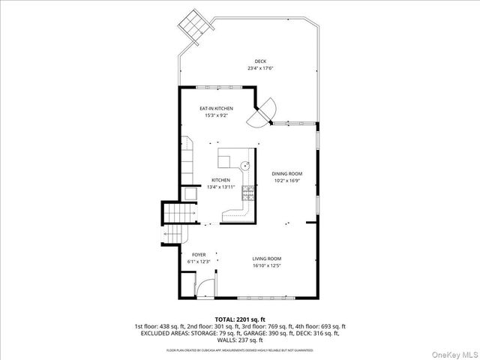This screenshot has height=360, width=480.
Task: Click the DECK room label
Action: tap(259, 61)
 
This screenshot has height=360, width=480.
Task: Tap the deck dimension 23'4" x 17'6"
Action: tap(260, 68)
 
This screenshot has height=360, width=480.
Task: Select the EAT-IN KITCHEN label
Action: tap(215, 109)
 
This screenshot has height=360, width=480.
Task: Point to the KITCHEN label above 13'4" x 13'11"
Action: tap(220, 180)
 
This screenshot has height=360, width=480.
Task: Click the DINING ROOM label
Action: tap(286, 174)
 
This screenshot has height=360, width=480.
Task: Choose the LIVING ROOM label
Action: tap(267, 259)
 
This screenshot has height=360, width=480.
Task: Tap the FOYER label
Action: tap(199, 254)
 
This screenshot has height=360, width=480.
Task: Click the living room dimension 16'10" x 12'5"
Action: tap(267, 265)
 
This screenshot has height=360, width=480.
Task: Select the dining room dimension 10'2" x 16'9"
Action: tap(286, 181)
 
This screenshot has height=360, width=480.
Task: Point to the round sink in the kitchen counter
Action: tap(244, 164)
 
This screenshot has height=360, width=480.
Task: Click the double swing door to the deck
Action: tap(266, 113)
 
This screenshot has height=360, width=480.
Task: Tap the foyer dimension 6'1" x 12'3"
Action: tap(199, 261)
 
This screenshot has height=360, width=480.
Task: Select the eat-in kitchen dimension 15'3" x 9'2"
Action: tap(215, 115)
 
